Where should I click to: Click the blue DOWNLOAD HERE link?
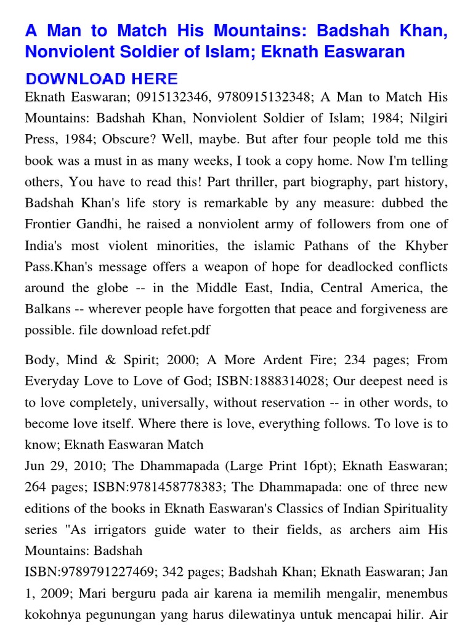pyautogui.click(x=102, y=79)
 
